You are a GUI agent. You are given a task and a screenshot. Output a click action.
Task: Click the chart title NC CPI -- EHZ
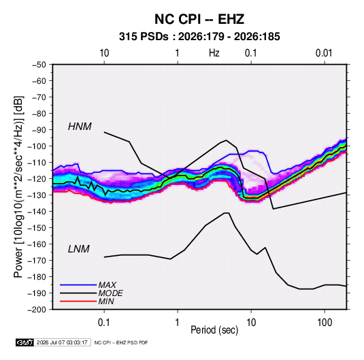tap(199, 19)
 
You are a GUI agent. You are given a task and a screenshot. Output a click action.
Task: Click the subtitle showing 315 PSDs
tap(199, 37)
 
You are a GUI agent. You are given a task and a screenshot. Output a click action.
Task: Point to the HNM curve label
tap(80, 127)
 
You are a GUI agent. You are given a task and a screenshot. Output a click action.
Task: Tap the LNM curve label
tap(79, 249)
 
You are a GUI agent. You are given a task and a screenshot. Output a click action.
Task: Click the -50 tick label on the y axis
tap(39, 65)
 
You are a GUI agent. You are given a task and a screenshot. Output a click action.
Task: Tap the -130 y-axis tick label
tap(37, 195)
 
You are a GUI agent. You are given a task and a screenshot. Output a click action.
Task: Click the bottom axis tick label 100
tap(325, 323)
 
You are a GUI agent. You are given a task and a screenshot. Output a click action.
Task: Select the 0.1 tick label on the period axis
tap(104, 323)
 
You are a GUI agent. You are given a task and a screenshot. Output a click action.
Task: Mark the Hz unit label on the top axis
tap(214, 53)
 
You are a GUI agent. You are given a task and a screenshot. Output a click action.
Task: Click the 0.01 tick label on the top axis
tap(324, 53)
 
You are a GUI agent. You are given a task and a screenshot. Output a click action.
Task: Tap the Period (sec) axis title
tap(214, 330)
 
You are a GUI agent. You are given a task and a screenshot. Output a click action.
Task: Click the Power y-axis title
tap(18, 186)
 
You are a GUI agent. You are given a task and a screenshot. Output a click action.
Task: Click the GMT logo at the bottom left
tap(25, 342)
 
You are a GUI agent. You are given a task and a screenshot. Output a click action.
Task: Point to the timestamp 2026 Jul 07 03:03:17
tap(62, 342)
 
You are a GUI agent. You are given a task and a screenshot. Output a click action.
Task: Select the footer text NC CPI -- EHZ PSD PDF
tap(121, 342)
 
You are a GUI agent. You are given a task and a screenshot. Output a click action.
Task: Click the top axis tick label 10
tap(104, 53)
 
